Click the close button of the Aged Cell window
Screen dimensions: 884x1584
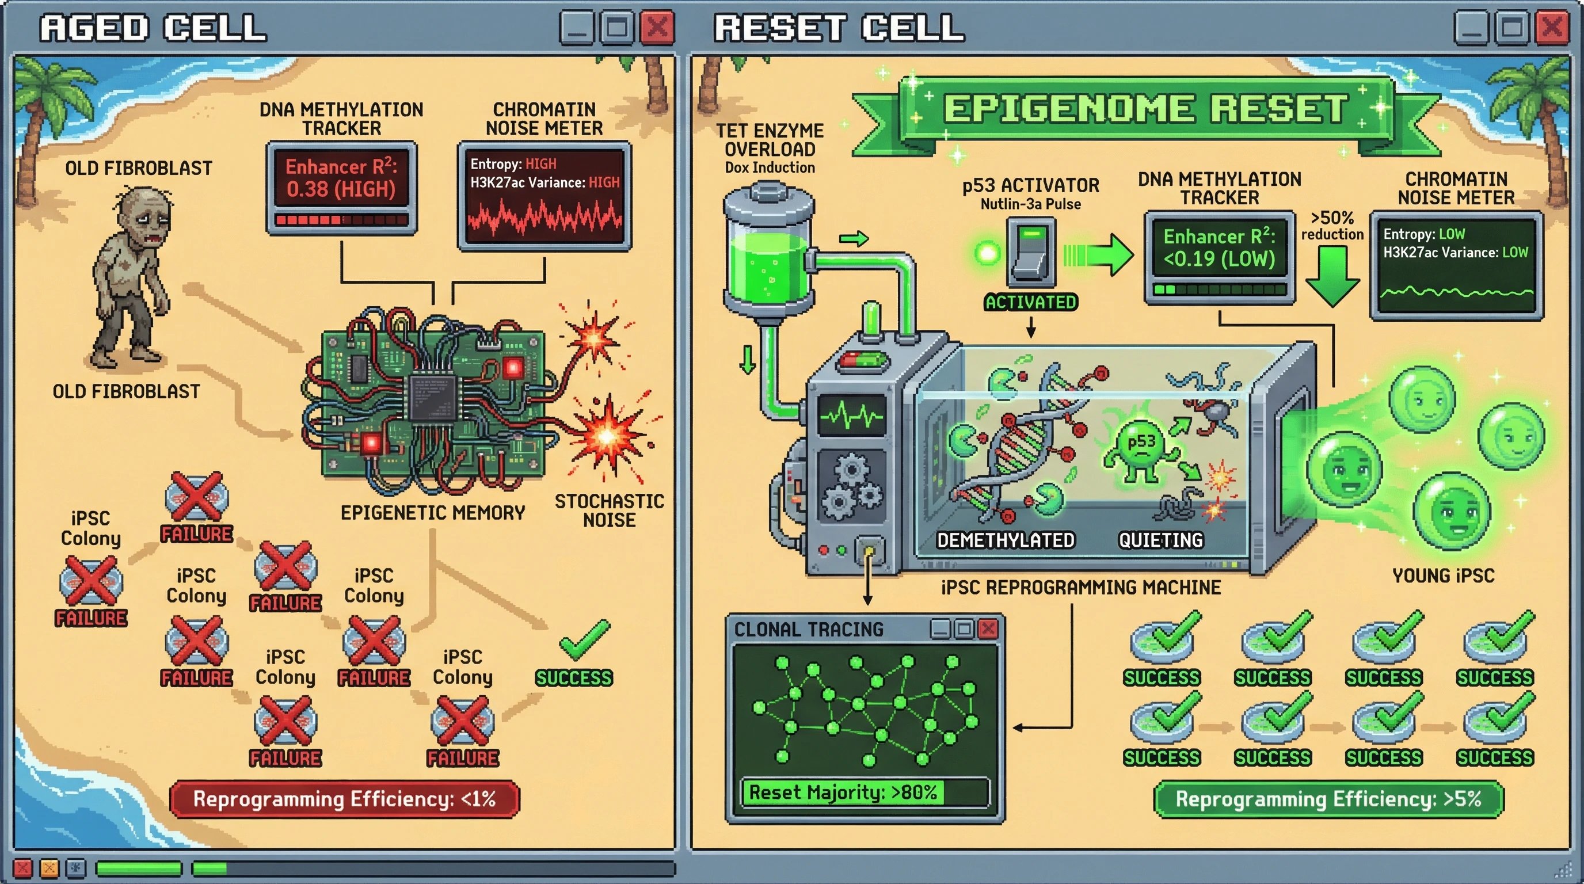(657, 28)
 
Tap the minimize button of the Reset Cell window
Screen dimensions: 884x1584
(1471, 28)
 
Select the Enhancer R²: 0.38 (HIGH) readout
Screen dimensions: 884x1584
(341, 178)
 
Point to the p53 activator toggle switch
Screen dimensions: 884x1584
(1031, 252)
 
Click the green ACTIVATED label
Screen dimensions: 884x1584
(1031, 302)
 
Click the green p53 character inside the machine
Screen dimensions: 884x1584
(1141, 449)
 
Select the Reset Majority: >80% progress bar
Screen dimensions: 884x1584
(865, 792)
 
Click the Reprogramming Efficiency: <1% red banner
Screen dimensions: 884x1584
(344, 799)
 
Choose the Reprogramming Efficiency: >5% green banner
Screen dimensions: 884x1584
(1328, 799)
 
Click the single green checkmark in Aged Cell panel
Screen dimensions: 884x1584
(584, 639)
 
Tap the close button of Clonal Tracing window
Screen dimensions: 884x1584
(988, 629)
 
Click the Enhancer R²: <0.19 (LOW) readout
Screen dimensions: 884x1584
(1219, 247)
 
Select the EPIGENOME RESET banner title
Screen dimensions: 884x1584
(1147, 109)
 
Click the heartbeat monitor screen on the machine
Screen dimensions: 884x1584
(852, 416)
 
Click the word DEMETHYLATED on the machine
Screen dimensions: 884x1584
(1006, 540)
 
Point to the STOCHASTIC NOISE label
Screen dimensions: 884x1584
(609, 510)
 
